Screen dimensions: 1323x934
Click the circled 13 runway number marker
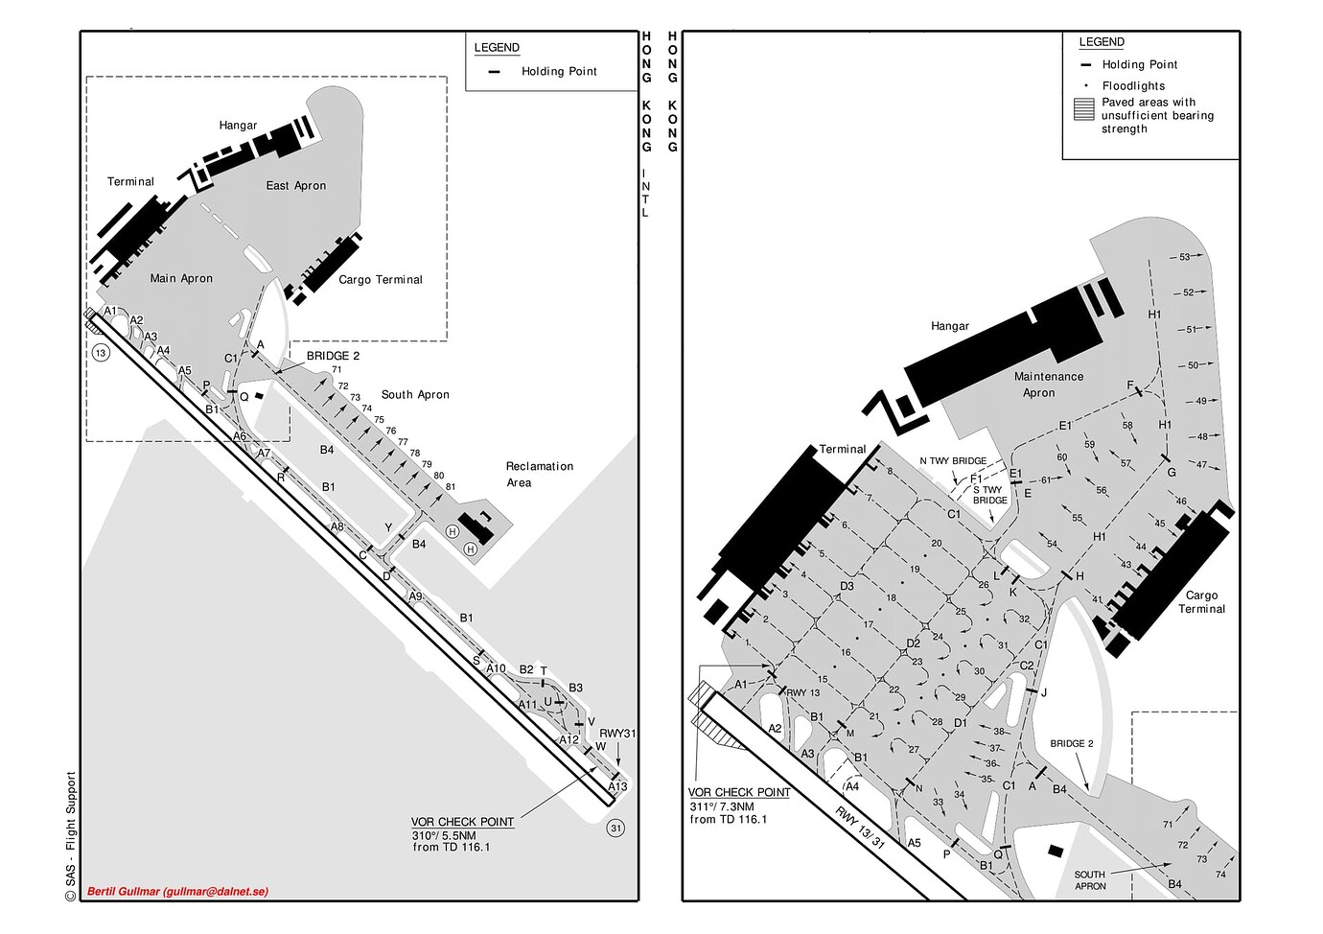pyautogui.click(x=101, y=353)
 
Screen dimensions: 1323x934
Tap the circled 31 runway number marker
pyautogui.click(x=616, y=829)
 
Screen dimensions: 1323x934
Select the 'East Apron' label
pyautogui.click(x=296, y=185)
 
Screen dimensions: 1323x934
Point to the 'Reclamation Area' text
pyautogui.click(x=539, y=475)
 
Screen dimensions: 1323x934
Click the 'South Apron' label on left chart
pyautogui.click(x=415, y=395)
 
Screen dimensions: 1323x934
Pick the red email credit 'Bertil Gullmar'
pyautogui.click(x=177, y=892)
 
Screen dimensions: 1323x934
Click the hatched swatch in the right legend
pyautogui.click(x=1083, y=110)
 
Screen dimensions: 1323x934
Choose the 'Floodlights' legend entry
pyautogui.click(x=1133, y=85)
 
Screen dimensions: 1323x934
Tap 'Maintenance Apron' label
pyautogui.click(x=1049, y=385)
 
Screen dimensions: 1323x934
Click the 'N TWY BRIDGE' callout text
pyautogui.click(x=953, y=461)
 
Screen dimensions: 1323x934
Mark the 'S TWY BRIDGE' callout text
pyautogui.click(x=990, y=495)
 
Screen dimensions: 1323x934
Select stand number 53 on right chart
pyautogui.click(x=1184, y=257)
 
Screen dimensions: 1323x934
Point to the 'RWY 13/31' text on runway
pyautogui.click(x=860, y=828)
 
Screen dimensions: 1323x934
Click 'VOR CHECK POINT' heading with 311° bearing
pyautogui.click(x=739, y=792)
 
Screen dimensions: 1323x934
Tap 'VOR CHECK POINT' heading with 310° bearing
pyautogui.click(x=462, y=822)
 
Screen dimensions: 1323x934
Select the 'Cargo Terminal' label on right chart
pyautogui.click(x=1201, y=602)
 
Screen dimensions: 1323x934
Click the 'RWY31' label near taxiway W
pyautogui.click(x=617, y=734)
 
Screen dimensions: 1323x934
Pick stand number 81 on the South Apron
pyautogui.click(x=451, y=487)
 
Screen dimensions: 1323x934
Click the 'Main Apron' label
pyautogui.click(x=181, y=278)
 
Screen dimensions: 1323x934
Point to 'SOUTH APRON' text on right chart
pyautogui.click(x=1090, y=879)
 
